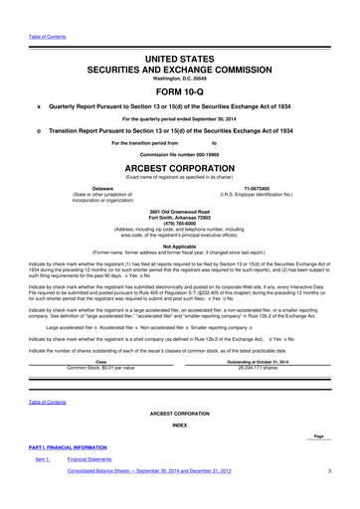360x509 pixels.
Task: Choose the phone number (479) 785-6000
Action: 180,223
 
